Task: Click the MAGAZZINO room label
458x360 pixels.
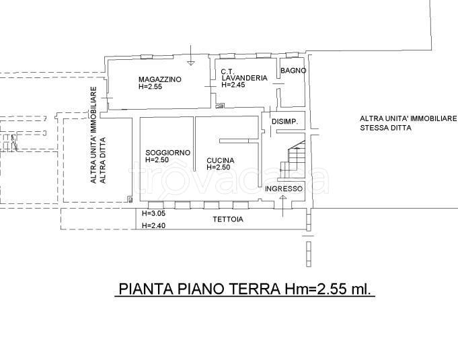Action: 156,79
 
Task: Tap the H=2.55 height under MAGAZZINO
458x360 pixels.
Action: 150,87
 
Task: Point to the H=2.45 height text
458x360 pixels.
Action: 235,85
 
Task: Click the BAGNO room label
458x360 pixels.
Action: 293,71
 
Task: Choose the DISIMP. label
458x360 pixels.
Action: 284,122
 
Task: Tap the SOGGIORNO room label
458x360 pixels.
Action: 167,153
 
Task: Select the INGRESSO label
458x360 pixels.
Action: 283,189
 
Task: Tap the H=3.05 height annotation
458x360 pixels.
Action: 153,213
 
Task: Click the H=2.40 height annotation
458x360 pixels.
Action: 153,225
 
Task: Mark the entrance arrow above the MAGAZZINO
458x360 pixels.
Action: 191,61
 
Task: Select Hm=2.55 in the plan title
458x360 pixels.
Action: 311,289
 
